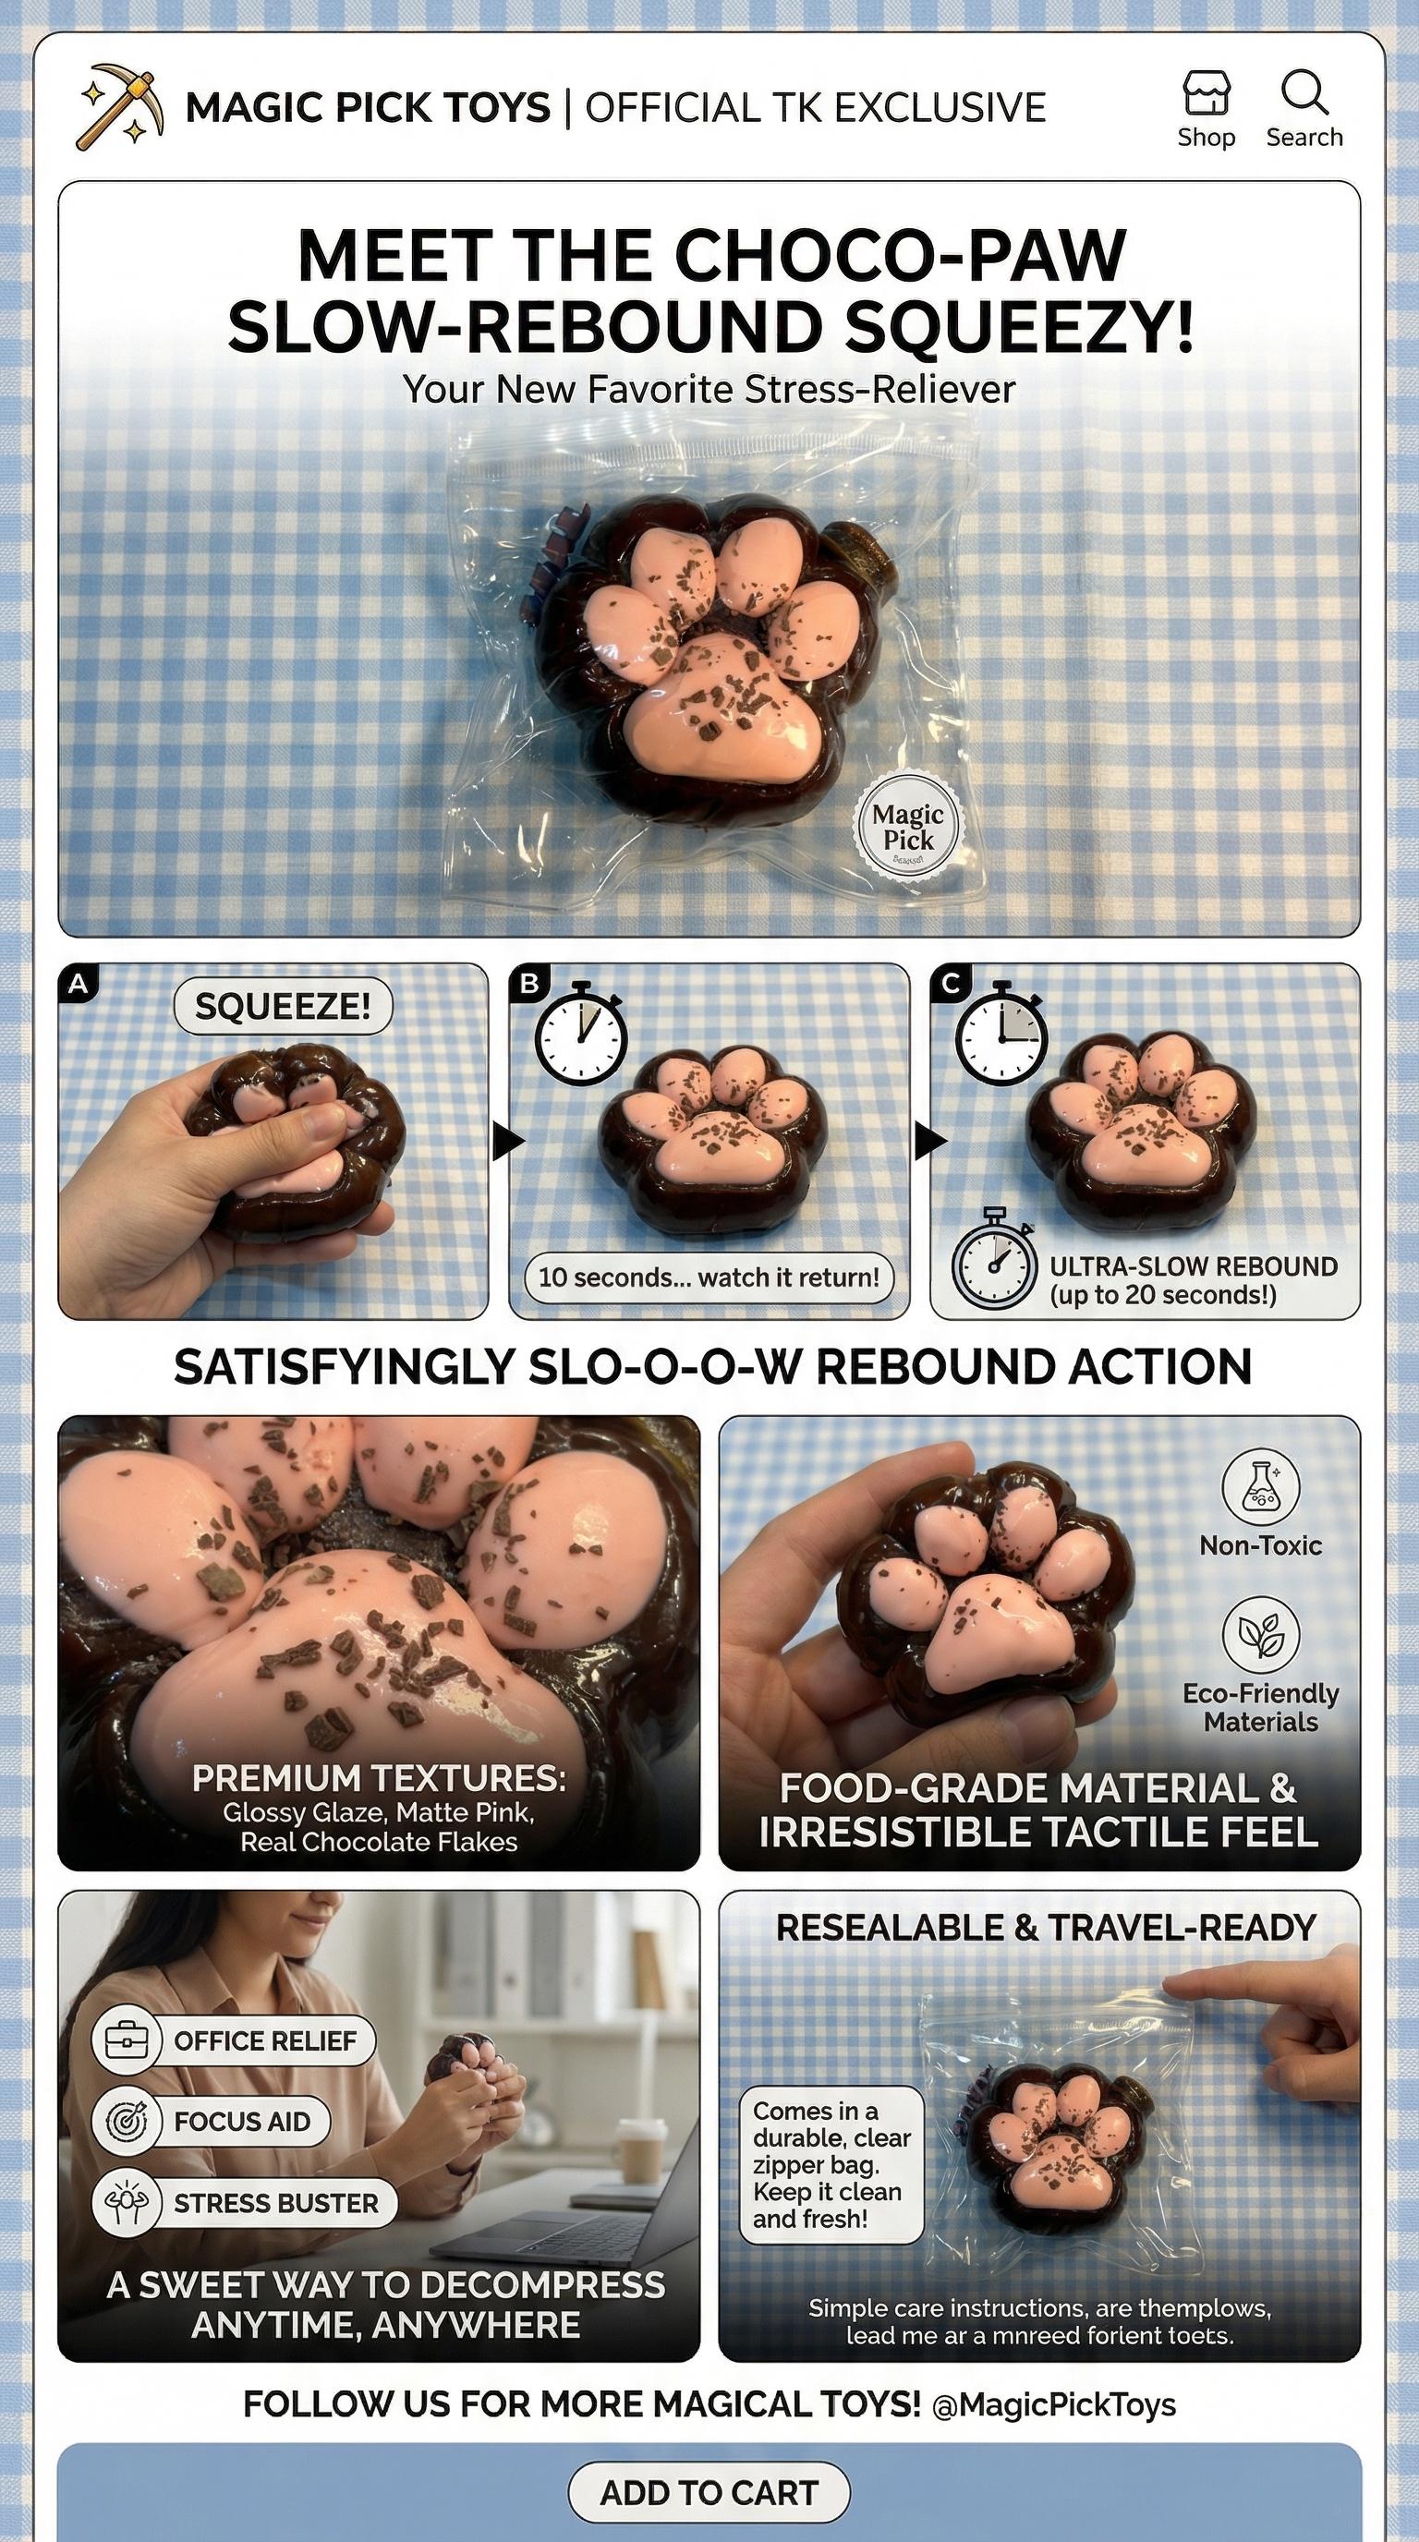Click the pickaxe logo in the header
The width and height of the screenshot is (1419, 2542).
(119, 106)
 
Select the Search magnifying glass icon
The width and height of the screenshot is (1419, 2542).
(1304, 93)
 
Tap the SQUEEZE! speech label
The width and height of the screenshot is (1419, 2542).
(284, 1007)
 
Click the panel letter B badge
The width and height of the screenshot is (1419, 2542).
(530, 984)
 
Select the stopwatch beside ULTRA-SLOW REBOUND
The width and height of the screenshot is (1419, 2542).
(995, 1260)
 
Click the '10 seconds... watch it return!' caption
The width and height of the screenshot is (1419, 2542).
(709, 1277)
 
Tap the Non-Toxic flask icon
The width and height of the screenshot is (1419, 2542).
(1260, 1488)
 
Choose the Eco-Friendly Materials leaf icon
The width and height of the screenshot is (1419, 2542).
(1260, 1633)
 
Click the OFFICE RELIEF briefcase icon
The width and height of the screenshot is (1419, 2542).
(126, 2040)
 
